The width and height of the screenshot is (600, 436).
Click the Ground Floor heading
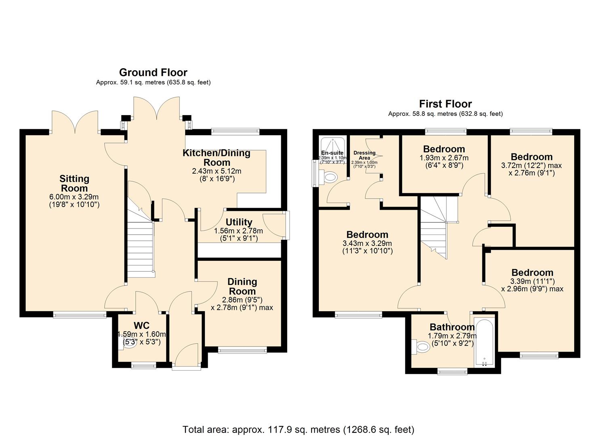153,73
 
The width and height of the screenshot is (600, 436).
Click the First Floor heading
445,104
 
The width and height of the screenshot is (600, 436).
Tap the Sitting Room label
74,183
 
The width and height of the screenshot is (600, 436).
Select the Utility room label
239,222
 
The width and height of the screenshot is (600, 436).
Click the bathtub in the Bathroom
484,343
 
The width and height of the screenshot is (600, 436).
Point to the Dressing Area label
364,155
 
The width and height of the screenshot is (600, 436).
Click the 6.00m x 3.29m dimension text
74,197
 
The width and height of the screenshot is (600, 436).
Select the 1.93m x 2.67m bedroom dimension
444,158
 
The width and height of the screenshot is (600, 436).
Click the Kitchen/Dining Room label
217,157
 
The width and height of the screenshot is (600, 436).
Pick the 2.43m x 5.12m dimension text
217,171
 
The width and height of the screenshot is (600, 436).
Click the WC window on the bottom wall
143,365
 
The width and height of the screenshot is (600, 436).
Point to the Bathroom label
452,327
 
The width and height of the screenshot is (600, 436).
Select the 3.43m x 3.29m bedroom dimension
367,243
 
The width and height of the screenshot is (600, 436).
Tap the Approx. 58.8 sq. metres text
445,114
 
